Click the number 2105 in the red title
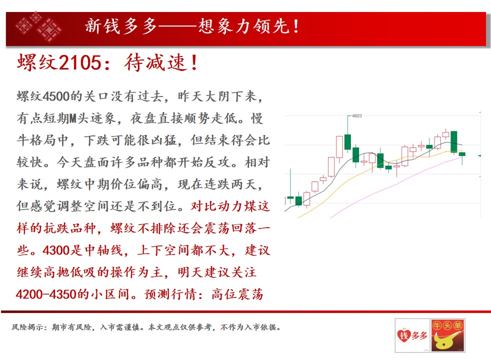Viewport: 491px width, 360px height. click(79, 62)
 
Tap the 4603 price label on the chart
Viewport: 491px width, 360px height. click(357, 116)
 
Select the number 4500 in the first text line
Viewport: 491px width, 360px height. click(55, 96)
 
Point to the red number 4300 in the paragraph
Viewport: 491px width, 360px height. click(55, 250)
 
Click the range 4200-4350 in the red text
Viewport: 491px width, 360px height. click(46, 294)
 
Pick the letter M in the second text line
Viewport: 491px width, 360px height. click(73, 118)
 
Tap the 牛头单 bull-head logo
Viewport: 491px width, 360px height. click(447, 335)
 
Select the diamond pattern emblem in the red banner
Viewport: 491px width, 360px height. click(38, 26)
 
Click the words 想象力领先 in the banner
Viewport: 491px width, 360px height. click(243, 26)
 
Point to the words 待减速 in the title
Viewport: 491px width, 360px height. click(155, 62)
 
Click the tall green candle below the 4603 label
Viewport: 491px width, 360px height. click(347, 142)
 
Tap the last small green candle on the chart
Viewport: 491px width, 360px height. click(462, 154)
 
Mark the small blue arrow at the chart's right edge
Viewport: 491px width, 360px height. click(479, 155)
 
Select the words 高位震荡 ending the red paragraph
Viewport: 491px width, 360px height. click(237, 294)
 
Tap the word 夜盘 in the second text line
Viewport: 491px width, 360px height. click(143, 118)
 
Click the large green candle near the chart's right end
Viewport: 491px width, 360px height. click(453, 141)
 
